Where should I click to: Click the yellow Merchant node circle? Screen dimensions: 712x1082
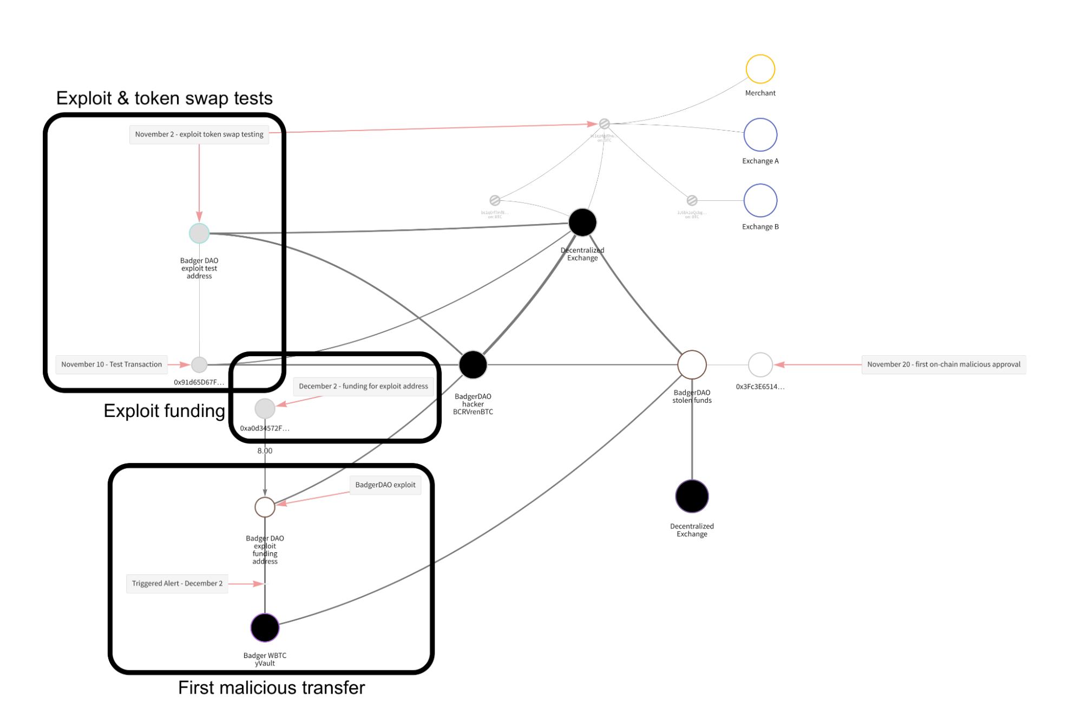(760, 69)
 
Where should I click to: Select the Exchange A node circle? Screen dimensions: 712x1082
(760, 135)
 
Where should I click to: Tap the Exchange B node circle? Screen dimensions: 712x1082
(760, 200)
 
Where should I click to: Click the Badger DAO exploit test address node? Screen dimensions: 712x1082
(199, 233)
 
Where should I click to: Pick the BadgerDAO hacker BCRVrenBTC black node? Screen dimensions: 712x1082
(473, 364)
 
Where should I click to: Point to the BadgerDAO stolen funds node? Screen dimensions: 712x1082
(692, 364)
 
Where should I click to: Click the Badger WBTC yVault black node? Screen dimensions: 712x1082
(265, 628)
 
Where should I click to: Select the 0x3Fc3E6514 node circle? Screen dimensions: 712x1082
(760, 364)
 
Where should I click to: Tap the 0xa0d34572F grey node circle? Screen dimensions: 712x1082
(265, 408)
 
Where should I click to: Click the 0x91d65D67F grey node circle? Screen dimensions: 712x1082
(199, 364)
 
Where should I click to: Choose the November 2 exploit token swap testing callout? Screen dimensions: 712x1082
(199, 134)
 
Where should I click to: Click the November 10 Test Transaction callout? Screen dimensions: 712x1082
(112, 364)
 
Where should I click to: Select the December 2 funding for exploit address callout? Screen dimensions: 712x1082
(363, 386)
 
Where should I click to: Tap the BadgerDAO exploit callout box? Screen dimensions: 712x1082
(385, 485)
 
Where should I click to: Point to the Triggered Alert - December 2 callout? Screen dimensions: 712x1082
(177, 583)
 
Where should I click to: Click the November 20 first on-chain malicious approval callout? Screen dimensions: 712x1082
(943, 364)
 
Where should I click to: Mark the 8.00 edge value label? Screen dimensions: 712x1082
(265, 450)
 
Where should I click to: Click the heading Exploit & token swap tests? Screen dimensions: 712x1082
(165, 98)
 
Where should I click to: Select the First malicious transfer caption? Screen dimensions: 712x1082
(271, 688)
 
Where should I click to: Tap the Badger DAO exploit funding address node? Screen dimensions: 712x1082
(265, 507)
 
